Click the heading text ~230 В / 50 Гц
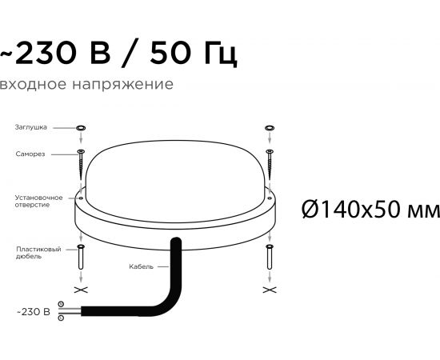point(118,53)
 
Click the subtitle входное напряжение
point(86,84)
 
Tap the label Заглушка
point(31,127)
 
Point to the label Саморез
point(30,154)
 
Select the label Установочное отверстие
point(38,201)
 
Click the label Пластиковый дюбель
point(38,253)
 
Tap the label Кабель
point(141,266)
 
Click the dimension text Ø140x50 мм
point(370,210)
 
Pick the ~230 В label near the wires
point(34,312)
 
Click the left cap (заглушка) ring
point(81,128)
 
